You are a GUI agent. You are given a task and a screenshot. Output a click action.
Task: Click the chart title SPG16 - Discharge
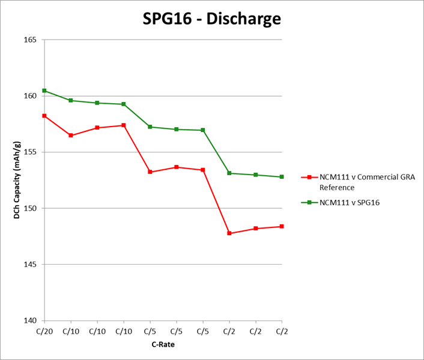click(212, 19)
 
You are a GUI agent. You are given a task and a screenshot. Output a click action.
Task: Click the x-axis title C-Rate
click(163, 344)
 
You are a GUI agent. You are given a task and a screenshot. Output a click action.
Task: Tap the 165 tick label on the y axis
click(31, 40)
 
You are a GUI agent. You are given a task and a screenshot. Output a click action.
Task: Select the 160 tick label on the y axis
click(31, 96)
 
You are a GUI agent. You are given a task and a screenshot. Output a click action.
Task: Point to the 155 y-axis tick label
click(31, 152)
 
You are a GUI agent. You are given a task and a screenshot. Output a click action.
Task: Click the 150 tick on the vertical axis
click(31, 208)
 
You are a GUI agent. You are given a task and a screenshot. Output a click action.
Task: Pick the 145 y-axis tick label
click(31, 265)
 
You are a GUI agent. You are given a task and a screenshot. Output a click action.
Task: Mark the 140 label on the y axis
click(31, 320)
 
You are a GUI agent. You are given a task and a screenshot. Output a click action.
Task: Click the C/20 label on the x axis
click(44, 331)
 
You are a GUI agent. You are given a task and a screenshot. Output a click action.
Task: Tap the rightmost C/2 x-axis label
click(282, 331)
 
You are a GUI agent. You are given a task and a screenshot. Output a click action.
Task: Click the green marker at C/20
click(44, 91)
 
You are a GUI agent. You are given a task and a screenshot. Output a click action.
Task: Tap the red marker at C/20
click(44, 115)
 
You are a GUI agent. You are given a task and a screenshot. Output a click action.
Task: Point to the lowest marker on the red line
click(229, 233)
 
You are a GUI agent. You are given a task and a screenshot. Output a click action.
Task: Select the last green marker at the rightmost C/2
click(282, 177)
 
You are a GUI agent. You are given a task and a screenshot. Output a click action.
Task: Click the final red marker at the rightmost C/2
click(282, 226)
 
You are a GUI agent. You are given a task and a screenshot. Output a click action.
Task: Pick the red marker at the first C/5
click(150, 172)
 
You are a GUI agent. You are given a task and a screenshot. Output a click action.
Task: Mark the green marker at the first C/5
click(150, 127)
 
